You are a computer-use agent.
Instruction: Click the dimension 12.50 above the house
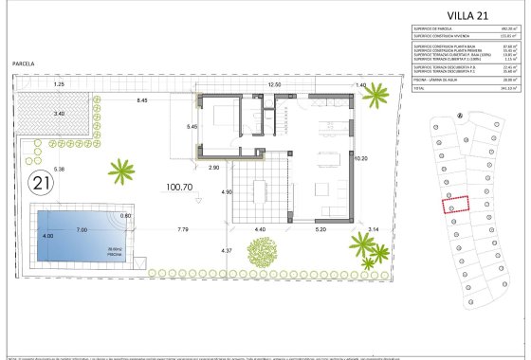click(x=276, y=85)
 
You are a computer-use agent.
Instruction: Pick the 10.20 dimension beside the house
click(x=359, y=159)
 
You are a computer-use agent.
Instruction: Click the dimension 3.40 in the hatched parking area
click(x=59, y=113)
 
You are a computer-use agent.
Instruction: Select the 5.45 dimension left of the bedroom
click(x=191, y=126)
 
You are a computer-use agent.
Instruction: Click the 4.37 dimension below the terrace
click(x=227, y=250)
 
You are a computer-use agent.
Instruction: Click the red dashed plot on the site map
click(x=457, y=204)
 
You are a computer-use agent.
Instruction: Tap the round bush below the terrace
click(x=262, y=252)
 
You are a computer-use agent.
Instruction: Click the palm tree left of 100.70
click(x=121, y=171)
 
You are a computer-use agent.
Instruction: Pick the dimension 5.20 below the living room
click(x=320, y=229)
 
